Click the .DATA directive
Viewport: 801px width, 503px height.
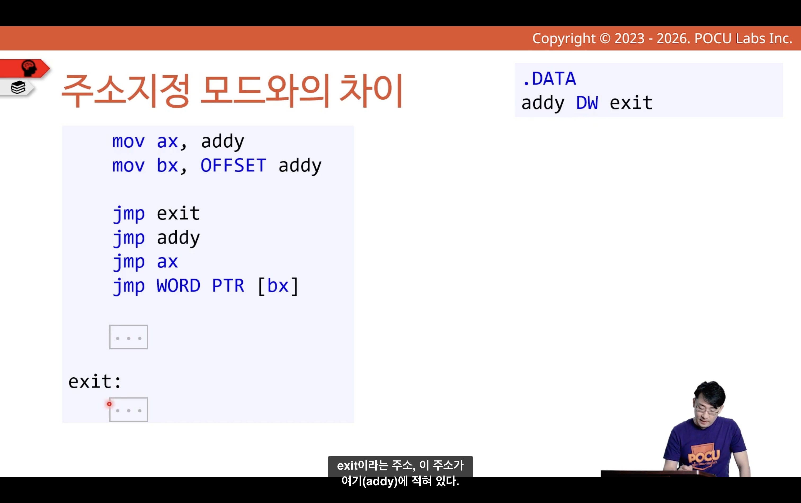(549, 79)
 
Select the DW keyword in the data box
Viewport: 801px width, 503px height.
(587, 103)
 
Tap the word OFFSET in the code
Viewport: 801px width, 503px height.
(233, 165)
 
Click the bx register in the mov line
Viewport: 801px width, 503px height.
(167, 165)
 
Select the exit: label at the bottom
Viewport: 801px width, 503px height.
(95, 381)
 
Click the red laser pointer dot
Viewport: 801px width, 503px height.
(109, 404)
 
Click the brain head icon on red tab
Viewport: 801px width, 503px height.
(29, 68)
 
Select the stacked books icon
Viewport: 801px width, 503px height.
(18, 88)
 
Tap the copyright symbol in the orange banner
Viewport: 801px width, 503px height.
(605, 39)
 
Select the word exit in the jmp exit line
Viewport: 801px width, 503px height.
(178, 213)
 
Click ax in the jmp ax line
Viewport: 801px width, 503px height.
(167, 262)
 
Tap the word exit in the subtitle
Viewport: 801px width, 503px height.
(348, 465)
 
